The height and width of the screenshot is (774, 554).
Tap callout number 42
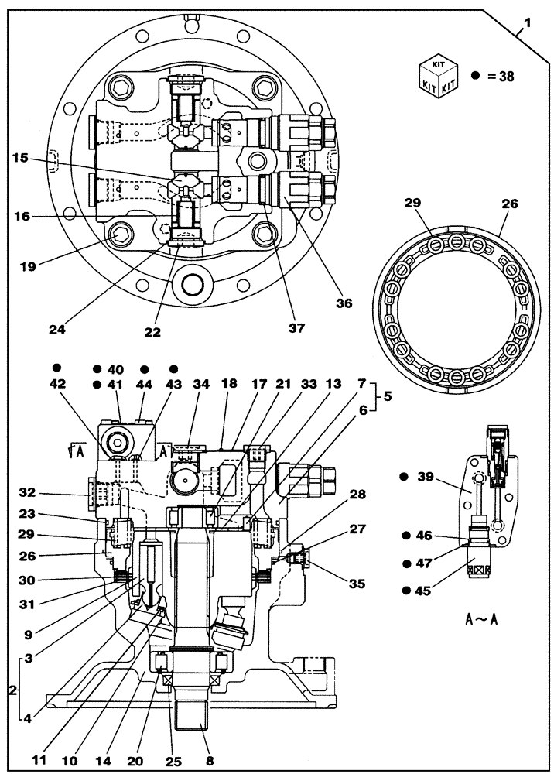[58, 384]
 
